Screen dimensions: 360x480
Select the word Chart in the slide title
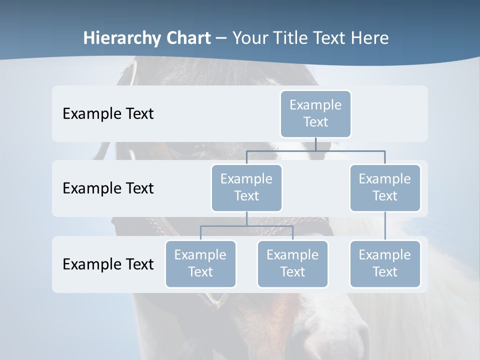point(188,38)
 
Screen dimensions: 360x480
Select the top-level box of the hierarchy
point(315,113)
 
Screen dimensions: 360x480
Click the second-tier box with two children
point(246,187)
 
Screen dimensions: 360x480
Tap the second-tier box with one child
point(384,187)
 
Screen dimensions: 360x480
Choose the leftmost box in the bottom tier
point(200,263)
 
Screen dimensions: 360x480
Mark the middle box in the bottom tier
point(292,263)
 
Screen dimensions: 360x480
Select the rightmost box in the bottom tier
point(384,263)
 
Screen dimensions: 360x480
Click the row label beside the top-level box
point(108,113)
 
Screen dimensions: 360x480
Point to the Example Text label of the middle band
point(108,188)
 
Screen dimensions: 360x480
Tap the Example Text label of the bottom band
point(108,264)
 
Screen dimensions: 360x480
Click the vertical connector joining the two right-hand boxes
point(384,226)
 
